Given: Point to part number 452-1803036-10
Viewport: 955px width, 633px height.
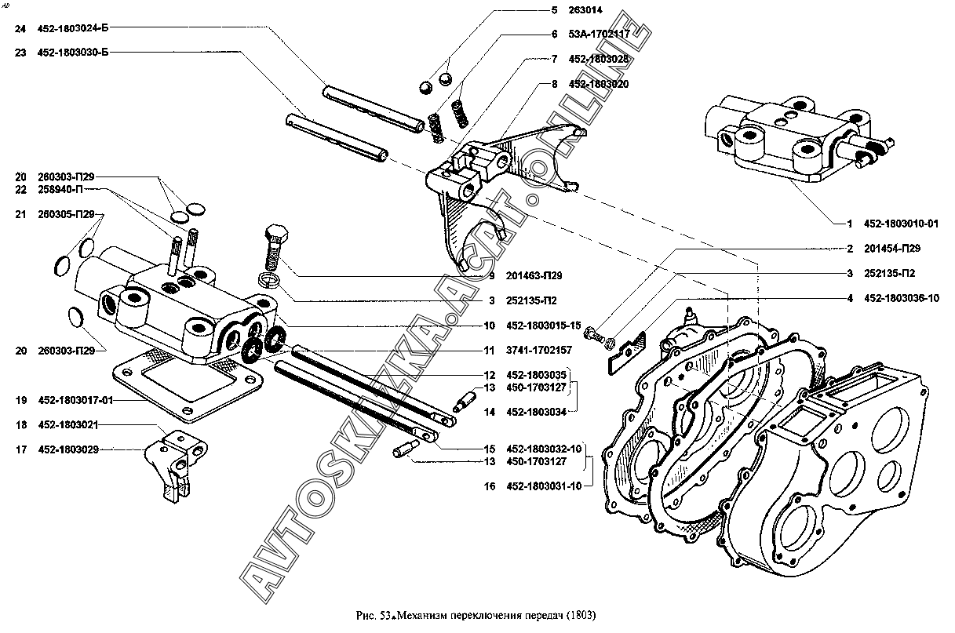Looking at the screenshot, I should [902, 298].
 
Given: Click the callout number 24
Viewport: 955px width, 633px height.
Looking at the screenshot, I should [21, 28].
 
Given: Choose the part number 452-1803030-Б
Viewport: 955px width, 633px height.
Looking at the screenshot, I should [72, 53].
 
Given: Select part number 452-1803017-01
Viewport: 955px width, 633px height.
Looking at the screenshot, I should [76, 400].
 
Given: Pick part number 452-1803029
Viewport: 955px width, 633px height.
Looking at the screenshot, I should [69, 449].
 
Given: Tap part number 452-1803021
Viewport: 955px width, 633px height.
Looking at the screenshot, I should [69, 424].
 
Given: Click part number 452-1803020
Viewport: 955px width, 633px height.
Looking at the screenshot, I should [600, 83].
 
